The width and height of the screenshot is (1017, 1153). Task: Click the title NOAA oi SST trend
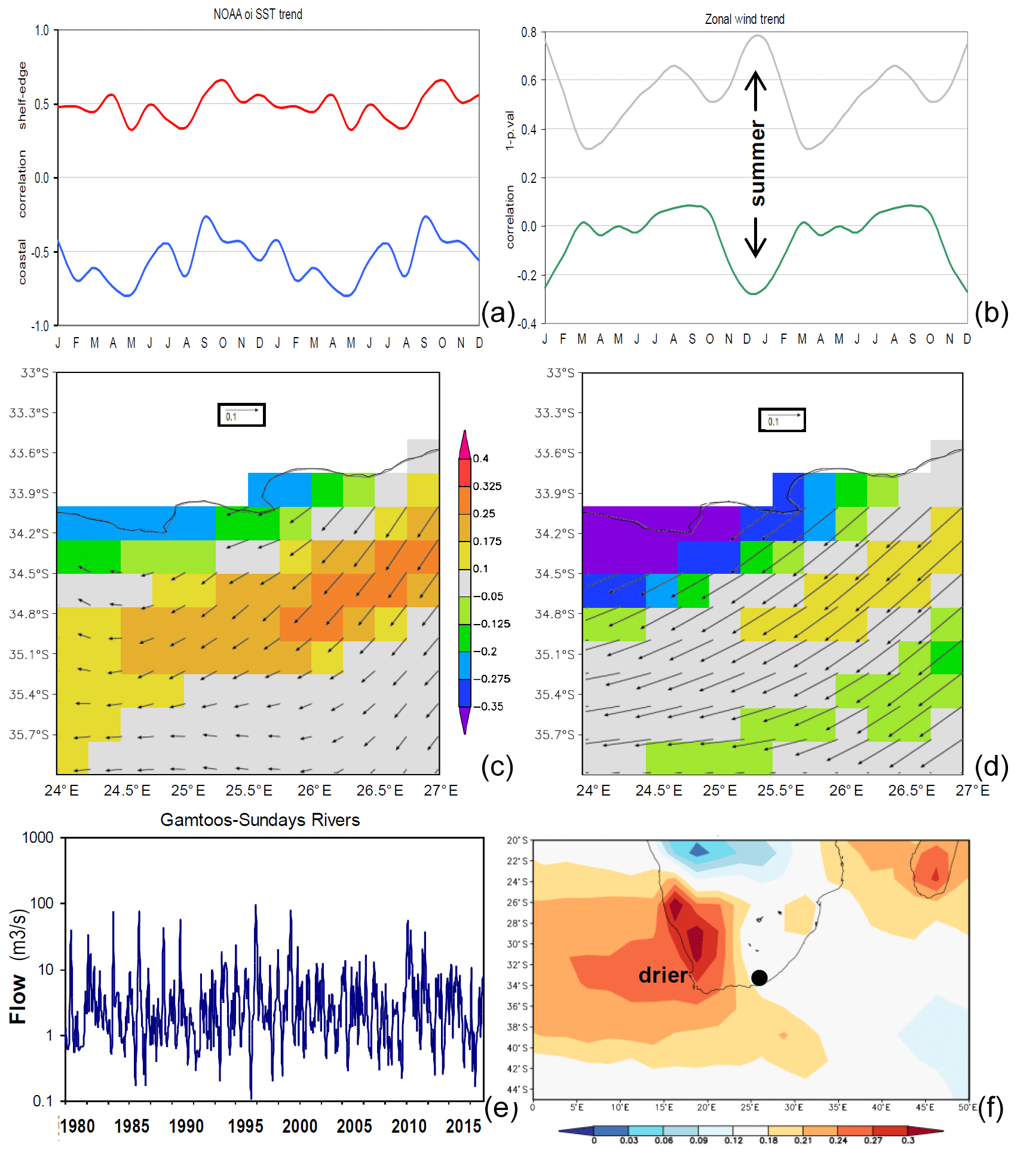pos(258,14)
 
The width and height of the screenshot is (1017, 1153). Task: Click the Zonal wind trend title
pos(745,19)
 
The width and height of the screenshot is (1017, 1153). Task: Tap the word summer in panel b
pos(758,163)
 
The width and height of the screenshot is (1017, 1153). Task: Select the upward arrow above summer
pos(756,90)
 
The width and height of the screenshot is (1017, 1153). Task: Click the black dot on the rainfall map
pos(759,977)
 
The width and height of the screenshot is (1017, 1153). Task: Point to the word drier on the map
pos(663,975)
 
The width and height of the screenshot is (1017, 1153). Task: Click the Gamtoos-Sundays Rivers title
pos(260,819)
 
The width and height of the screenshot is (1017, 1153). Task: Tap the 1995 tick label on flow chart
pos(245,1126)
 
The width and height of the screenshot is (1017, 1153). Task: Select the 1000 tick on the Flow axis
pos(38,837)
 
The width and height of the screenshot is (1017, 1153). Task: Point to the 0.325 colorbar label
pos(487,486)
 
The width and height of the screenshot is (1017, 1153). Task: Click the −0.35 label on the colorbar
pos(488,707)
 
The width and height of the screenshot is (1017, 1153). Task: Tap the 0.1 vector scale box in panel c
pos(241,415)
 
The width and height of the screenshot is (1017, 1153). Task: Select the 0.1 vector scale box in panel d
pos(782,420)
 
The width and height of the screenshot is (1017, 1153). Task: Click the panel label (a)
pos(497,313)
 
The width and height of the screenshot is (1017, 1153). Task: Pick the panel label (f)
pos(990,1108)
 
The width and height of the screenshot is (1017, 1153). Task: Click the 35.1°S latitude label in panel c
pos(29,654)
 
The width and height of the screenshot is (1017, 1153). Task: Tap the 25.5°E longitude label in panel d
pos(780,790)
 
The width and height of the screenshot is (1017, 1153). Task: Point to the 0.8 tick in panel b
pos(529,32)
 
